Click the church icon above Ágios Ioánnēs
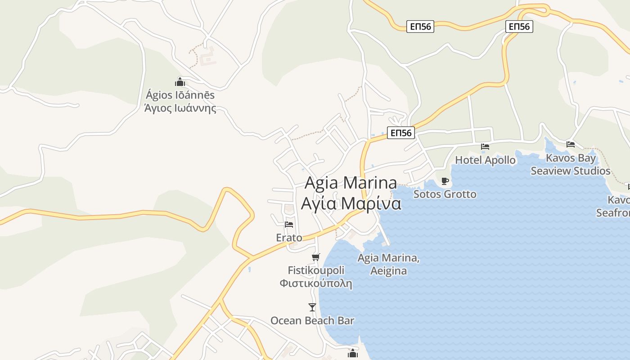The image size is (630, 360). click(x=180, y=82)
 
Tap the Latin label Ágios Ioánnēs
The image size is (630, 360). click(x=180, y=95)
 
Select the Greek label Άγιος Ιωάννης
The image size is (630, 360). click(x=180, y=108)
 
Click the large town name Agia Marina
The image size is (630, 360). click(x=351, y=183)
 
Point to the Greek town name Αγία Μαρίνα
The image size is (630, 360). click(x=351, y=203)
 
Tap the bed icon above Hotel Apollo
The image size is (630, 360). click(x=485, y=147)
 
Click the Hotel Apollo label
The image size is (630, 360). click(x=485, y=160)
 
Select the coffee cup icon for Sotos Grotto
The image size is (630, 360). click(x=445, y=181)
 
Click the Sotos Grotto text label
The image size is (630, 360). click(x=445, y=194)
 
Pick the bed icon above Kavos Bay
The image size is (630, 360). click(x=571, y=144)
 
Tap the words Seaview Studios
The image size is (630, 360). click(x=570, y=171)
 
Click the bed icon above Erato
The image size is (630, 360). click(x=289, y=224)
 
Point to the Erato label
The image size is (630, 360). click(x=289, y=237)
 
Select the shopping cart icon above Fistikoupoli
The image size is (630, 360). click(x=315, y=257)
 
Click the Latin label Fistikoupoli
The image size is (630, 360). click(x=316, y=270)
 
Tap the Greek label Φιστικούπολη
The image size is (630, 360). click(x=316, y=284)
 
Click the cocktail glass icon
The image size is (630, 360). click(x=312, y=307)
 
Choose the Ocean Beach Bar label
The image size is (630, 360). click(x=312, y=320)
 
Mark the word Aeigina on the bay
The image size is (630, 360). click(x=389, y=271)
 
